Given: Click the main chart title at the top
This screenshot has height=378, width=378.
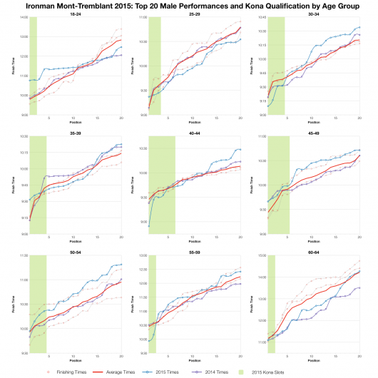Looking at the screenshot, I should click(x=189, y=5).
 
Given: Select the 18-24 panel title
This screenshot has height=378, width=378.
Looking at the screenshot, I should click(x=74, y=14).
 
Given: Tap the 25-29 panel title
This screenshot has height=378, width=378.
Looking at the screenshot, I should click(x=194, y=14).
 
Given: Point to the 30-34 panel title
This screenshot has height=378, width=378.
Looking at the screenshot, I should click(x=314, y=14).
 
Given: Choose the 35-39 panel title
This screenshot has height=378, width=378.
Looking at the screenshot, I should click(x=74, y=132).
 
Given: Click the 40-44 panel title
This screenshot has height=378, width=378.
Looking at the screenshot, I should click(x=194, y=132).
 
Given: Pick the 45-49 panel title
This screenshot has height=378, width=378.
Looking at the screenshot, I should click(x=314, y=132).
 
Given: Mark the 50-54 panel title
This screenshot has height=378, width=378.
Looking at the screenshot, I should click(x=74, y=251).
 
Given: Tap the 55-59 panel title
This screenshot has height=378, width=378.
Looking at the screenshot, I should click(x=194, y=251).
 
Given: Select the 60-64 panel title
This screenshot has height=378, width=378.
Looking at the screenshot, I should click(x=314, y=251).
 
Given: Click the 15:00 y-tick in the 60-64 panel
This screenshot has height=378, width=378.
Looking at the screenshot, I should click(x=261, y=255).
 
